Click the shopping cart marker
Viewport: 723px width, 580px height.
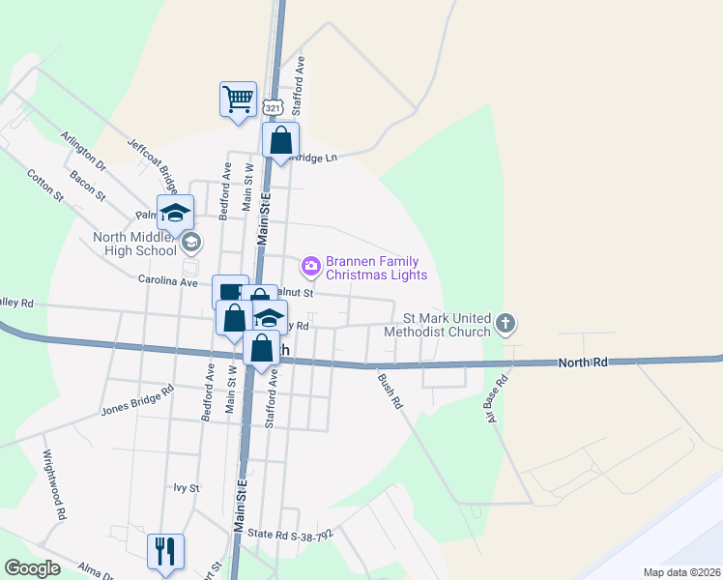pos(238,99)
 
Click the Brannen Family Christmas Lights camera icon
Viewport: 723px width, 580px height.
pos(311,264)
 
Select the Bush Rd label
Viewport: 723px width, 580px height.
pos(390,391)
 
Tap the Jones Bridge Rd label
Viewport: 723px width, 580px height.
pos(137,400)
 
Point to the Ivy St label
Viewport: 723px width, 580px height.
pos(185,489)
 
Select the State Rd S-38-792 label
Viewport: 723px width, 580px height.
pos(290,534)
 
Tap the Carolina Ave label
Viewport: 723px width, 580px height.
pos(166,282)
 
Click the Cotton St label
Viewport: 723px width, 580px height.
pos(44,186)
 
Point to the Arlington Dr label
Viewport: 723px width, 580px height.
pos(82,149)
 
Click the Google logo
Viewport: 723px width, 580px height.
pos(32,568)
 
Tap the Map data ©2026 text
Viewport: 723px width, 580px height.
pos(680,572)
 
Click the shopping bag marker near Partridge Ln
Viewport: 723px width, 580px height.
pos(280,141)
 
